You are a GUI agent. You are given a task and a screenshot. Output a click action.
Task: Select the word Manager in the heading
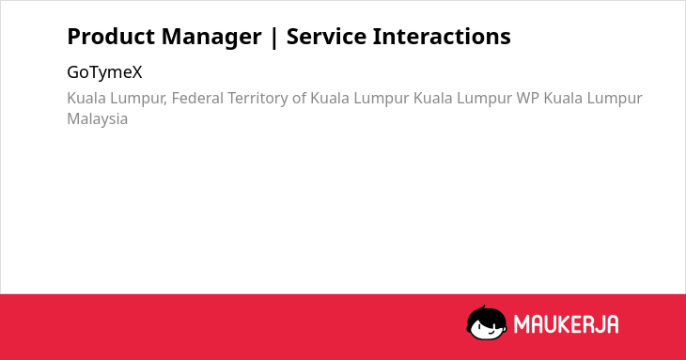(211, 38)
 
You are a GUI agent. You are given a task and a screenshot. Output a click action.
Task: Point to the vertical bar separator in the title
(274, 38)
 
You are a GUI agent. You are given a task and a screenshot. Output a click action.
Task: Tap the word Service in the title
(326, 37)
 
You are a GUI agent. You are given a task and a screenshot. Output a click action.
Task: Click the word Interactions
(442, 37)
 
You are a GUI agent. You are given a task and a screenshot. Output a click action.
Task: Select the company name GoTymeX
(104, 72)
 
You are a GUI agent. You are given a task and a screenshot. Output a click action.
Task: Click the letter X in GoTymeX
(137, 72)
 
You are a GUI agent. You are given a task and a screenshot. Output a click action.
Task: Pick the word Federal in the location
(197, 98)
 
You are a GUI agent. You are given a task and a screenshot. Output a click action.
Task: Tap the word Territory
(257, 99)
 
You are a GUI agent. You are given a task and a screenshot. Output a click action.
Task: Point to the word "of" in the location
(299, 98)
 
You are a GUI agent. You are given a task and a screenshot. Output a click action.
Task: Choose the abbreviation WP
(527, 98)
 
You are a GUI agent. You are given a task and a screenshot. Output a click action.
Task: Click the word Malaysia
(97, 119)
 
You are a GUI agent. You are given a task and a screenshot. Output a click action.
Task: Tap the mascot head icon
(487, 322)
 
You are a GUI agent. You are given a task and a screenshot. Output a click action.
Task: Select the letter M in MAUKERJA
(521, 324)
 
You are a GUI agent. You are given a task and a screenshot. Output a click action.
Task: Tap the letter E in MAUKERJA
(578, 324)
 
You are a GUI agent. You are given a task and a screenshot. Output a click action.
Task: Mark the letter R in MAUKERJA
(589, 324)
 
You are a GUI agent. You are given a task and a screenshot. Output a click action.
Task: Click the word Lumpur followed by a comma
(139, 99)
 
